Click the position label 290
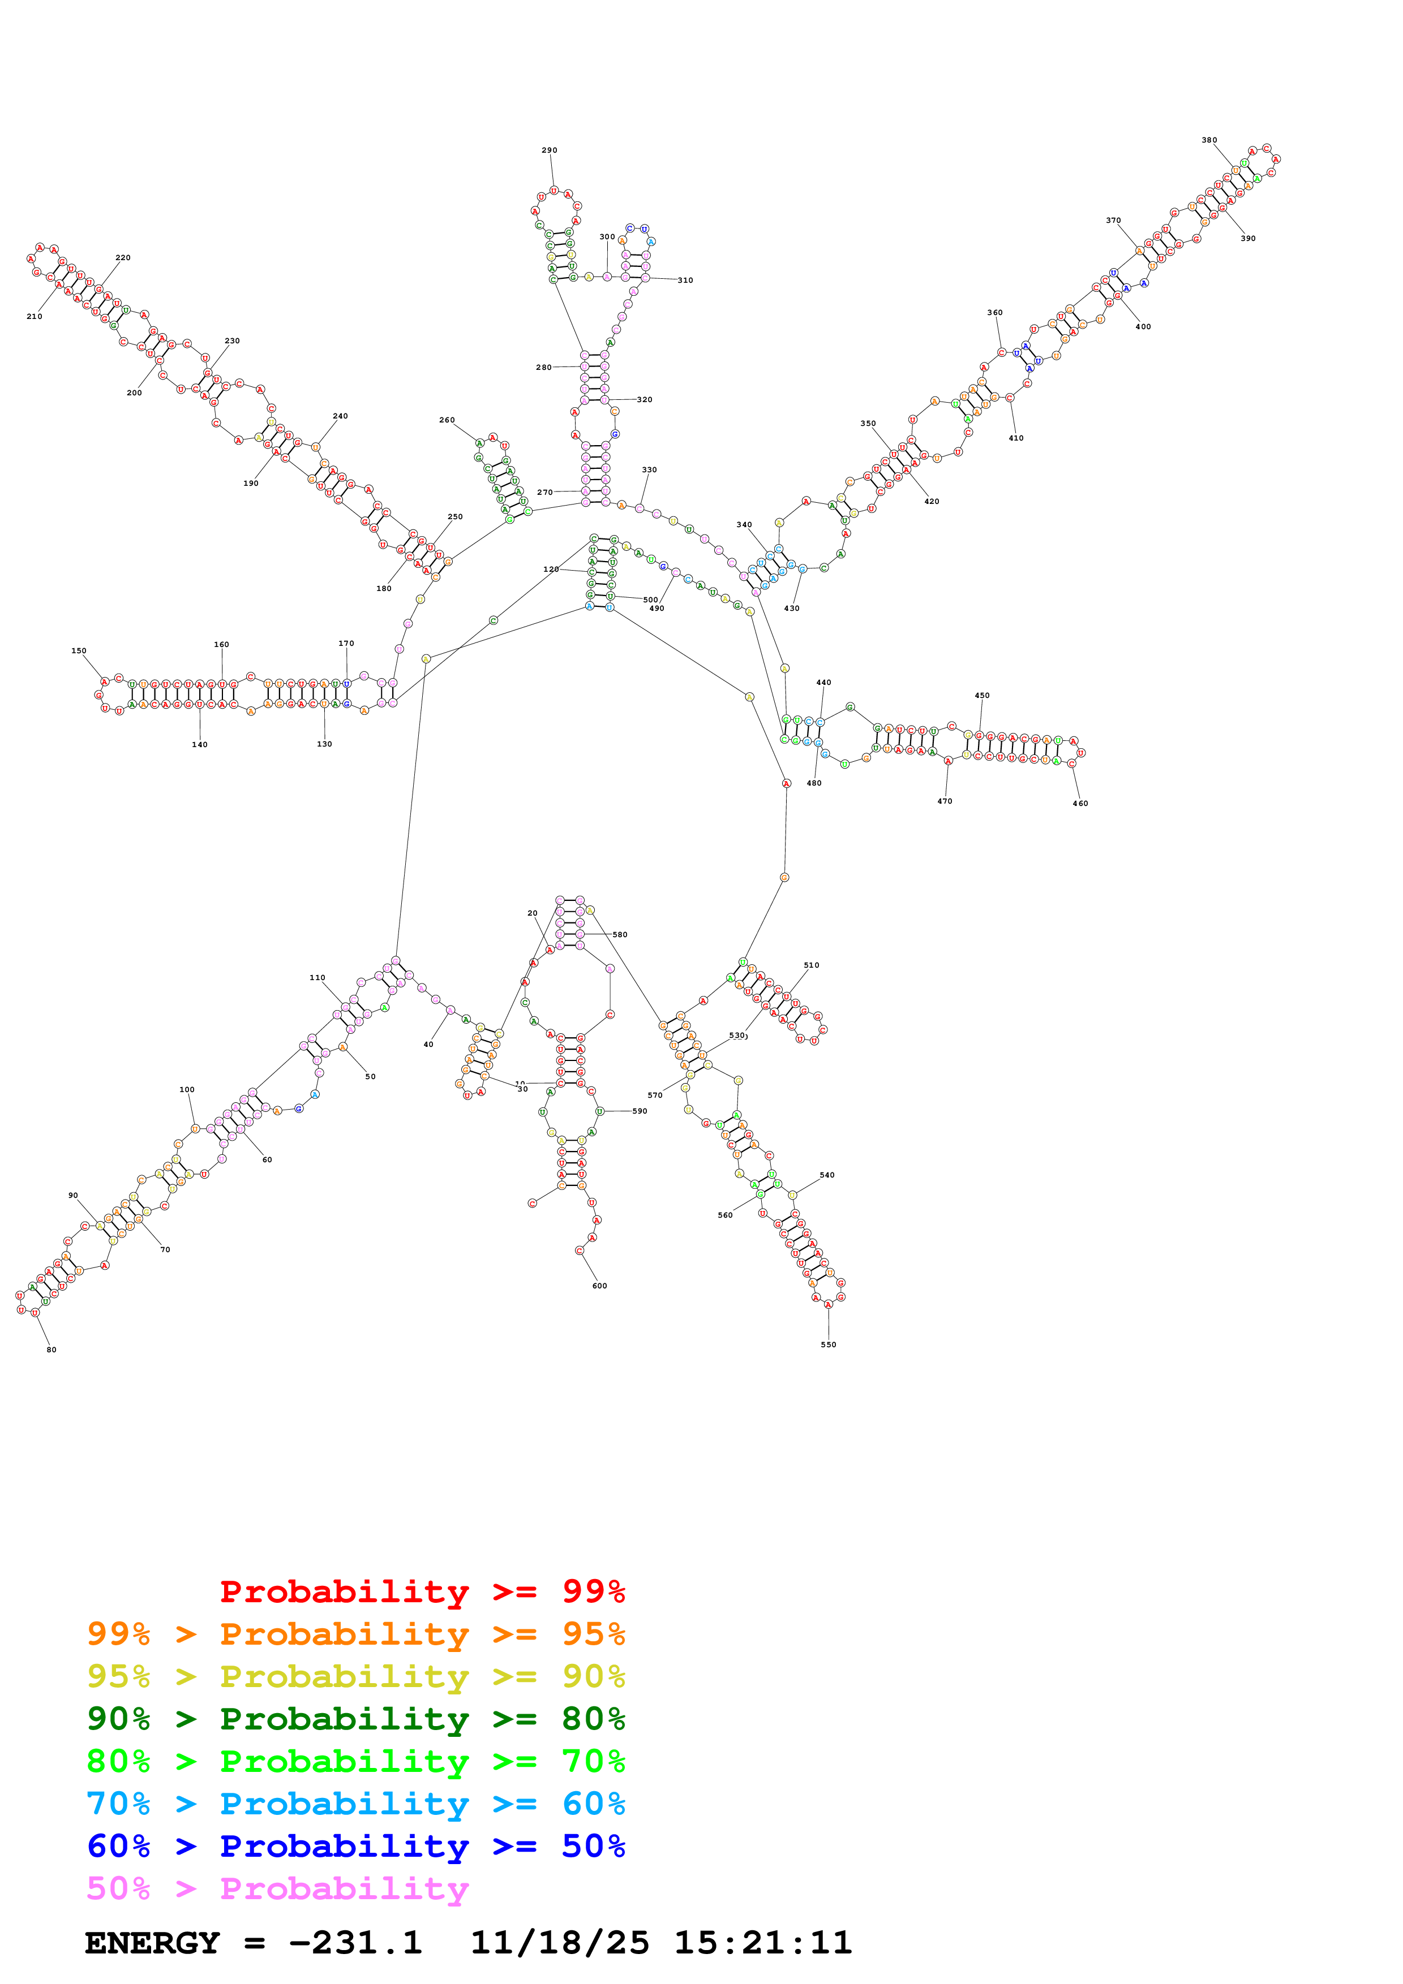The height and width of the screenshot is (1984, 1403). point(549,150)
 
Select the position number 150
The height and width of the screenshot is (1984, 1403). point(79,650)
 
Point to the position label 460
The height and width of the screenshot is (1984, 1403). point(1080,804)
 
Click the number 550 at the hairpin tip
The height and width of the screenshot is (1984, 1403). point(828,1344)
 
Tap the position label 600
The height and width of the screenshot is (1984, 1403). point(599,1286)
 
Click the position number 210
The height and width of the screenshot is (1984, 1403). point(35,316)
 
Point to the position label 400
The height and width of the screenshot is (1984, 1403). point(1143,327)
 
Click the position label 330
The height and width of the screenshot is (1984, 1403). point(649,470)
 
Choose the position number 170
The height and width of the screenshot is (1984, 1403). point(346,644)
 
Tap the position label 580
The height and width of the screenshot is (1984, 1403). point(620,935)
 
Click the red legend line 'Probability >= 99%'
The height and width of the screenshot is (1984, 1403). point(422,1591)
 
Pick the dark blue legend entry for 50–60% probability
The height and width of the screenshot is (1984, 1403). point(355,1846)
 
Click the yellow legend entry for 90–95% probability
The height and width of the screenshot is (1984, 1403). point(355,1676)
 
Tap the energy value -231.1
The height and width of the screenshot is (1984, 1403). point(355,1943)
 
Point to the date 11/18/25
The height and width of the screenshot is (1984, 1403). point(559,1943)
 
